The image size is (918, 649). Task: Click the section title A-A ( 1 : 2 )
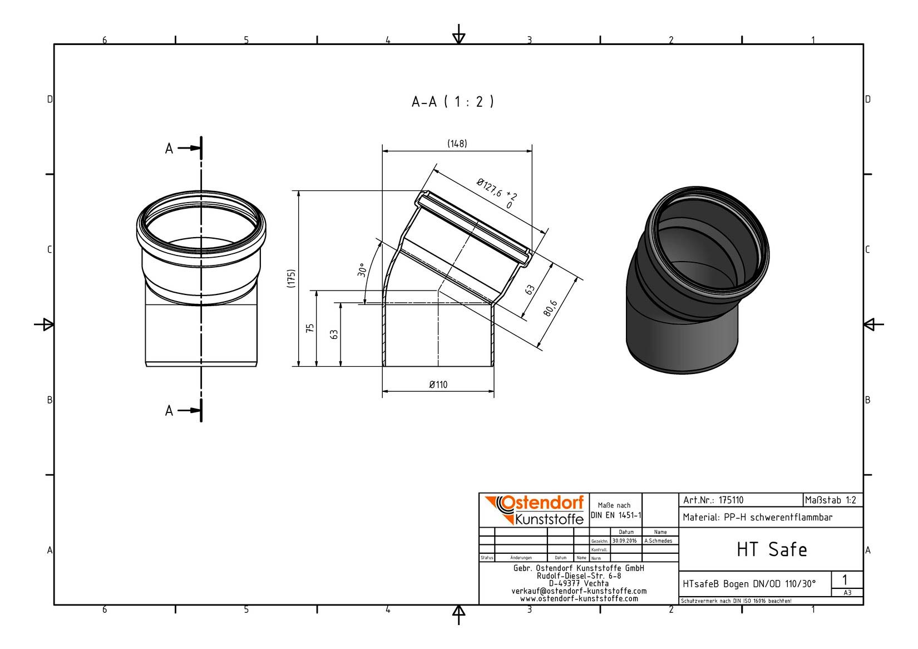pyautogui.click(x=452, y=101)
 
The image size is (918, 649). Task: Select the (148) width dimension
pyautogui.click(x=457, y=144)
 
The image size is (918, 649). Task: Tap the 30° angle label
pyautogui.click(x=362, y=270)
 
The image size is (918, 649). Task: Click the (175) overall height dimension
pyautogui.click(x=291, y=278)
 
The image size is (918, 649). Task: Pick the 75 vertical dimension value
pyautogui.click(x=310, y=328)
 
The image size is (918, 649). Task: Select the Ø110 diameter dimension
pyautogui.click(x=438, y=385)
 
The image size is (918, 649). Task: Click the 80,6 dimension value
pyautogui.click(x=550, y=308)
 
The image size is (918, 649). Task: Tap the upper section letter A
pyautogui.click(x=169, y=149)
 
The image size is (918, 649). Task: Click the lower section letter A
pyautogui.click(x=169, y=410)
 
